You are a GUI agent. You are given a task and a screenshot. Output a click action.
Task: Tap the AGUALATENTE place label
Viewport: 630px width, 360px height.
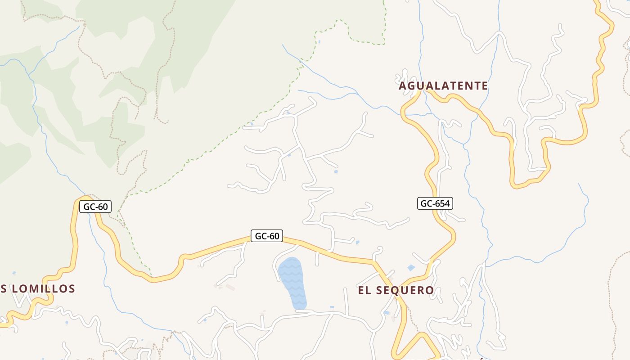click(x=443, y=85)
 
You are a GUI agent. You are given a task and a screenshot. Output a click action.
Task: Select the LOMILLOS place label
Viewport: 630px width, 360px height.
click(x=43, y=288)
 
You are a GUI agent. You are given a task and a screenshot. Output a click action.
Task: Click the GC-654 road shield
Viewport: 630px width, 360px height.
click(x=434, y=203)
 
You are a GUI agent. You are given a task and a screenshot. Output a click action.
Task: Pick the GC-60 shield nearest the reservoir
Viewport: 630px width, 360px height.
click(x=267, y=236)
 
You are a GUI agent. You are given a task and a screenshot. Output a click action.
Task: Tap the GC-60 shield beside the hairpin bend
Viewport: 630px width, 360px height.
click(x=95, y=207)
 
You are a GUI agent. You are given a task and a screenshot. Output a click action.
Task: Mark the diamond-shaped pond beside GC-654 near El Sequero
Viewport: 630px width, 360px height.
click(x=411, y=268)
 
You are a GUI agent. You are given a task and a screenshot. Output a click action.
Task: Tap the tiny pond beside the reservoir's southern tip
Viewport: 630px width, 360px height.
click(x=332, y=307)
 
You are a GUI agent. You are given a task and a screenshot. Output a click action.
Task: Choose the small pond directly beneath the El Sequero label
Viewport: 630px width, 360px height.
click(x=386, y=312)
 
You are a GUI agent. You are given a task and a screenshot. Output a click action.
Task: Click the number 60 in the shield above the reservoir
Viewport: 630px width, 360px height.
click(x=274, y=236)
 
